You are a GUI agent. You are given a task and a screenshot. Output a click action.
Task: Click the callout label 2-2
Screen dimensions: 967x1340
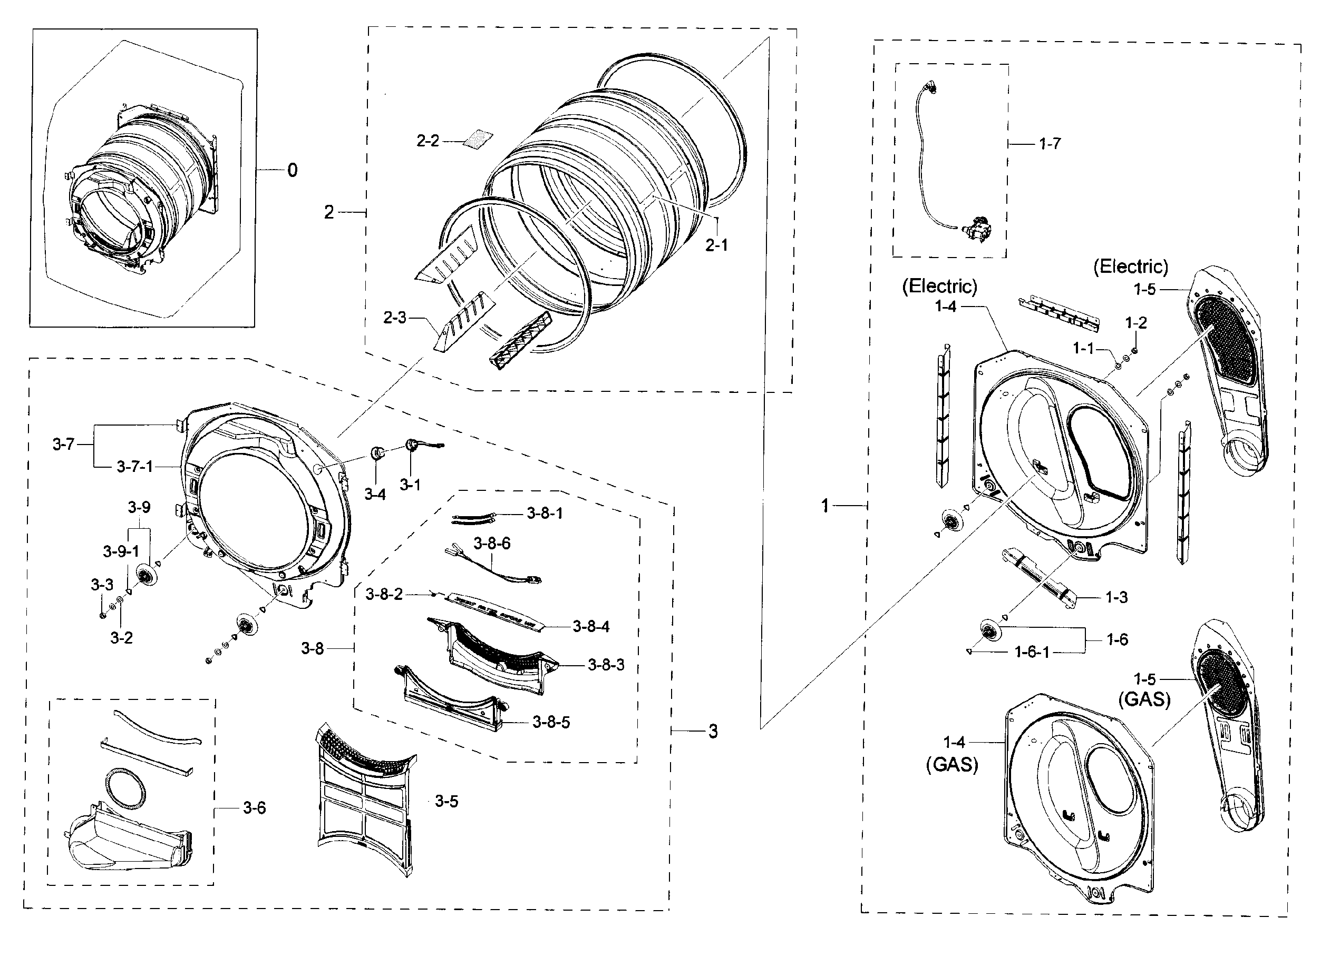tap(428, 141)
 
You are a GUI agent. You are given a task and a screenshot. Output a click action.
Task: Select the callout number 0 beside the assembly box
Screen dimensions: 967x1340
tap(293, 171)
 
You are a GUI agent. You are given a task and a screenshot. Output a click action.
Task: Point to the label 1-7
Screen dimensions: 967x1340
tap(1050, 143)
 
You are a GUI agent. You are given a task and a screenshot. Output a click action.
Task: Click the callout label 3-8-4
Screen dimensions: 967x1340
tap(591, 626)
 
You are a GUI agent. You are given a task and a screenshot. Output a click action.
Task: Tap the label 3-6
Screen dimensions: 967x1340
tap(254, 807)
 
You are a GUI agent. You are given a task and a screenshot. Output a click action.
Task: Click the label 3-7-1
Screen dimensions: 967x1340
tap(135, 467)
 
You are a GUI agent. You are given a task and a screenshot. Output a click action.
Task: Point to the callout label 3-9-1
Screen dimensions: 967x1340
tap(121, 551)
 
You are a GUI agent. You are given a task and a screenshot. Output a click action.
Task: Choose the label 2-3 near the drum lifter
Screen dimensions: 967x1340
tap(395, 318)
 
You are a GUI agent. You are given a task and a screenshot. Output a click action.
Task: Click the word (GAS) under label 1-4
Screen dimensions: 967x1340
tap(952, 765)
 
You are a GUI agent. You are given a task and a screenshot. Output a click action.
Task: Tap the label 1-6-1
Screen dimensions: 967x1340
tap(1032, 652)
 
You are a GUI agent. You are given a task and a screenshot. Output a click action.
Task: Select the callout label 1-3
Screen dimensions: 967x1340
tap(1116, 597)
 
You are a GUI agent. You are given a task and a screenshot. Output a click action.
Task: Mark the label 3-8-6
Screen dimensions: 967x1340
tap(492, 543)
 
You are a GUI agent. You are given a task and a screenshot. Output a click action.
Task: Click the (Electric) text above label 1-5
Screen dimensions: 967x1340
tap(1130, 267)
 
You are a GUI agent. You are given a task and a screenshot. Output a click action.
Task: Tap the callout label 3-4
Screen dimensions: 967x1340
tap(375, 495)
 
